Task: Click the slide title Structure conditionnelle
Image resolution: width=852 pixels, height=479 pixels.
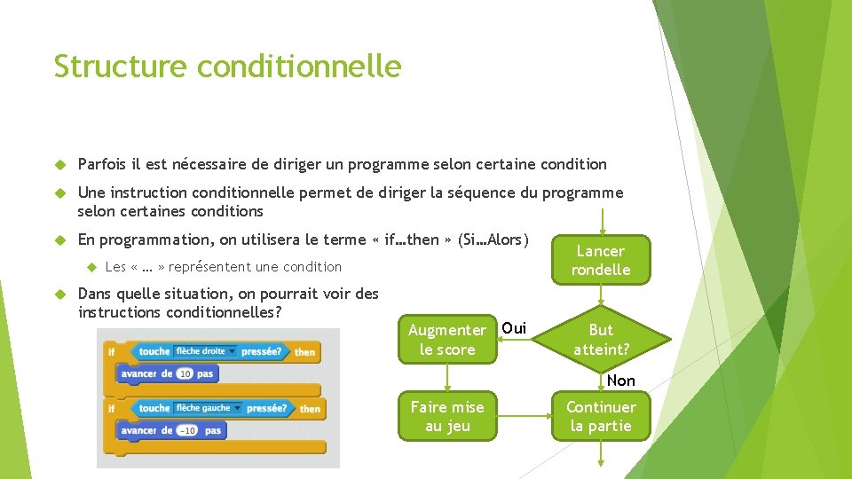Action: tap(227, 67)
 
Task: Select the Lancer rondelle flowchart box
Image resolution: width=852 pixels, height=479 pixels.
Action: tap(601, 260)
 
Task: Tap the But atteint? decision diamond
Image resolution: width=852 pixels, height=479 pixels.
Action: tap(601, 339)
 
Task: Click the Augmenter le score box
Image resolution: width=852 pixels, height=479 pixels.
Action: tap(447, 339)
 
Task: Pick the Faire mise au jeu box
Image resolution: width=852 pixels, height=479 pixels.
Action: tap(447, 416)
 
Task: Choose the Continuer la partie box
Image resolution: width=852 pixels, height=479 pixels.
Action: tap(601, 416)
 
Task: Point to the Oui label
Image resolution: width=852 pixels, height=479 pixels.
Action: tap(514, 328)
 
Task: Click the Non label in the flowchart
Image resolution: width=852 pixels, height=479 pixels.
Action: tap(621, 381)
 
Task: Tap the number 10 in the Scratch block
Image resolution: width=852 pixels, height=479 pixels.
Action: tap(185, 374)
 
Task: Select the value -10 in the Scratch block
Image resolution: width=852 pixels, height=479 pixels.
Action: tap(187, 430)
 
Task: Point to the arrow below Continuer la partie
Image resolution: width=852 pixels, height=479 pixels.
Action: tap(602, 453)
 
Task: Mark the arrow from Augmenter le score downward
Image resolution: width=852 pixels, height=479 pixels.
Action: tap(447, 377)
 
